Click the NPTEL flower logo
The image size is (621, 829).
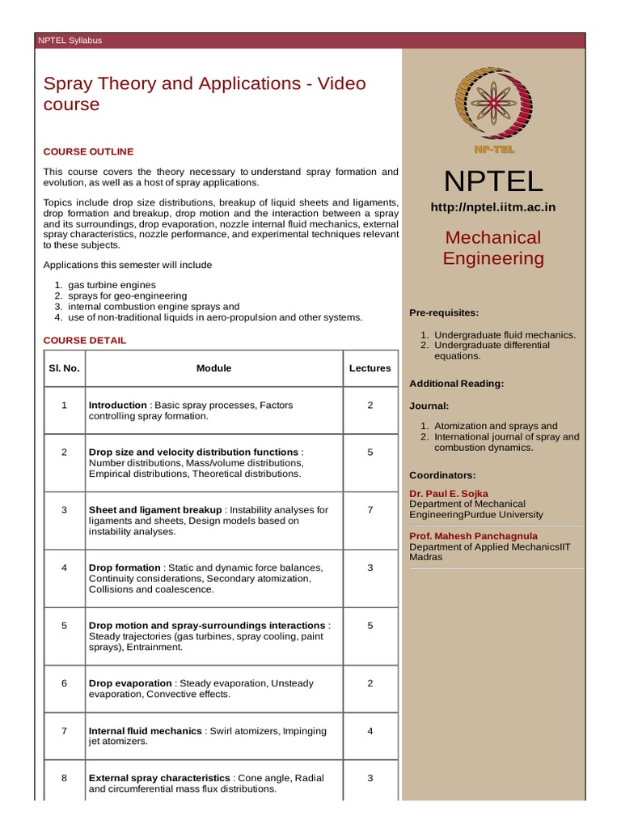(493, 104)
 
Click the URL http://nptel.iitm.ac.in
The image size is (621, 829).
(493, 207)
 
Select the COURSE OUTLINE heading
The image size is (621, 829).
(88, 151)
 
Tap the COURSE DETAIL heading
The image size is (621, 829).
(84, 340)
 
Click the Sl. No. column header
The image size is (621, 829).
(63, 368)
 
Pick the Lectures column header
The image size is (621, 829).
(370, 368)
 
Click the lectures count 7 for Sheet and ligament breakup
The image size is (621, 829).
(370, 510)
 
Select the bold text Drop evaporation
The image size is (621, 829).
(130, 683)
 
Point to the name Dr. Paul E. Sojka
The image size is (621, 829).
(449, 493)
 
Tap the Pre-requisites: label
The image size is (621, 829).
(444, 312)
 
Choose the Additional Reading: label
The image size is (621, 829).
(457, 383)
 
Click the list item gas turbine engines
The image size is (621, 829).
(112, 285)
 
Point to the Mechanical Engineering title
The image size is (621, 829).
(493, 248)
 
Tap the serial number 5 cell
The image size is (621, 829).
(63, 626)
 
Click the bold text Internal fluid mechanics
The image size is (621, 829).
(145, 731)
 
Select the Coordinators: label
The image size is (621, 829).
(442, 474)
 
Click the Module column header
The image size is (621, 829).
(213, 368)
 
